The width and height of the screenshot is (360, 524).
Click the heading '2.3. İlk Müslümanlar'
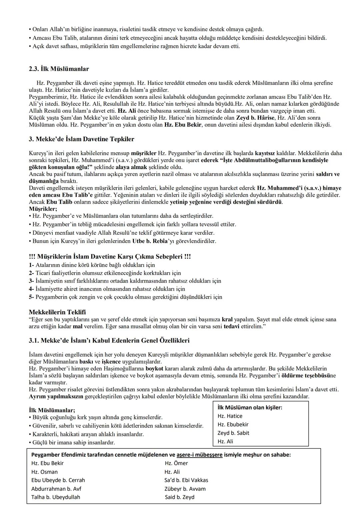[59, 69]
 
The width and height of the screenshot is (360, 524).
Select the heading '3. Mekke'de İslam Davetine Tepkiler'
[81, 139]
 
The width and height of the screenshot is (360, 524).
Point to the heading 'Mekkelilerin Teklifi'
[57, 312]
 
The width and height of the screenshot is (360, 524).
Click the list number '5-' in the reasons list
[32, 297]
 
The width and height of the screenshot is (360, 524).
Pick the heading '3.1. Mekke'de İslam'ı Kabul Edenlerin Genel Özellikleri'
[109, 341]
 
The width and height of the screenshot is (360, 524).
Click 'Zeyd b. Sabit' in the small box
[233, 433]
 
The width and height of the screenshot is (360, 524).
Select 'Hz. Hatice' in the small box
[230, 416]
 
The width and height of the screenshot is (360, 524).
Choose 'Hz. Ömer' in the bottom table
[176, 463]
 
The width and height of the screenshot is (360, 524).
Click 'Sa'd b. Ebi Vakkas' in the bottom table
[186, 480]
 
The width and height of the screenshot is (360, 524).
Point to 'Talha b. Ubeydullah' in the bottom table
[56, 497]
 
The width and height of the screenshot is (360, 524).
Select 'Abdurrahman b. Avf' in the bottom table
[56, 489]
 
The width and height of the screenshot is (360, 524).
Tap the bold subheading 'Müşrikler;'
[43, 209]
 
